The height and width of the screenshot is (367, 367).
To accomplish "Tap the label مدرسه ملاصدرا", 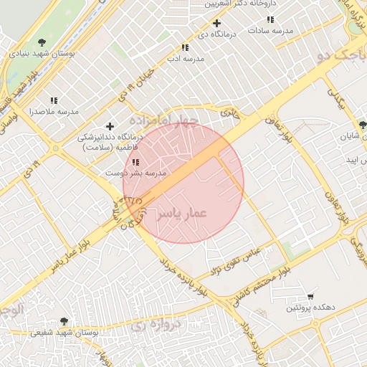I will click(53, 113).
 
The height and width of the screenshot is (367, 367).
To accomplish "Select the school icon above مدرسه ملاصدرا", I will click(53, 101).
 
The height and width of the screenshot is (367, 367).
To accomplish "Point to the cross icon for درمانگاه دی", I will click(216, 23).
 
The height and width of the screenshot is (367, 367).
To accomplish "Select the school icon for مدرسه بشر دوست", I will click(135, 162).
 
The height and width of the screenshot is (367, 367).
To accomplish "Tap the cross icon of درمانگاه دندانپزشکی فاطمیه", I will click(109, 126).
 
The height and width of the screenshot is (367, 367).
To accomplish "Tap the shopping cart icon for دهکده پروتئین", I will click(310, 296).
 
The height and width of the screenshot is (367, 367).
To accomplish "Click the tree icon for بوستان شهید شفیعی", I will click(64, 322).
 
